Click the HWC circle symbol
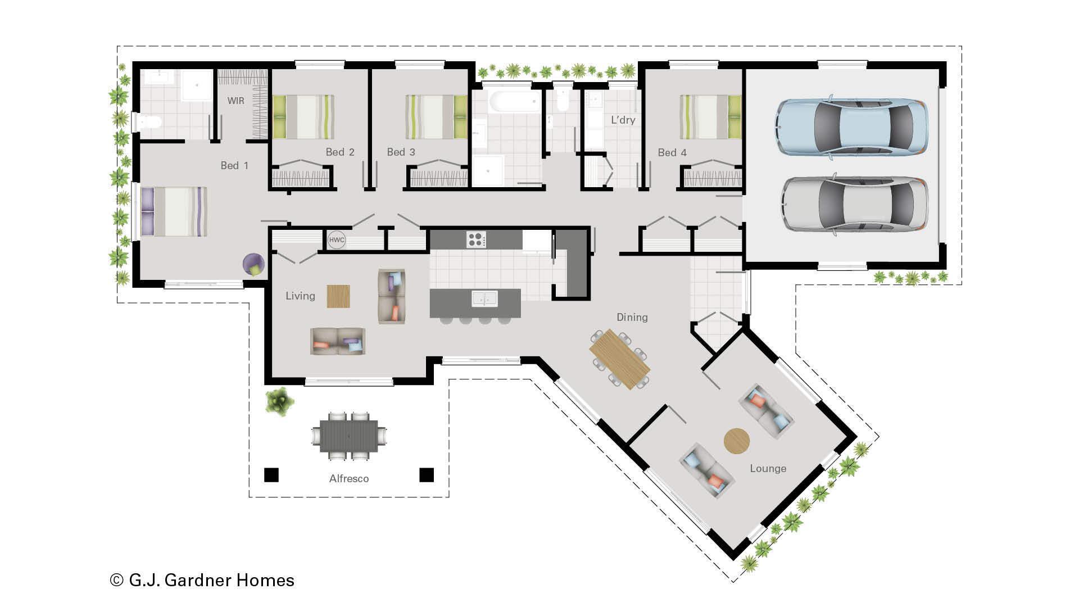tap(337, 240)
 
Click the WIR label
tap(235, 101)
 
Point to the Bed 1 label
tap(234, 166)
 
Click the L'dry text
tap(623, 120)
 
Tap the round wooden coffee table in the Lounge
tap(736, 441)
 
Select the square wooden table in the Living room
tap(338, 296)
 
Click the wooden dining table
tap(619, 359)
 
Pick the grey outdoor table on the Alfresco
tap(349, 436)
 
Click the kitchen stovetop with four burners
tap(476, 239)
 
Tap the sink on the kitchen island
tap(484, 298)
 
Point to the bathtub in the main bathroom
tap(515, 102)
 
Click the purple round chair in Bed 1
tap(253, 264)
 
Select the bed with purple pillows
tap(174, 211)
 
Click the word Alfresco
tap(349, 479)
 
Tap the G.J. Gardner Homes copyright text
tap(202, 580)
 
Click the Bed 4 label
tap(672, 153)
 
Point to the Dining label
tap(632, 318)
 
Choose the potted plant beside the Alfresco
tap(279, 401)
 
